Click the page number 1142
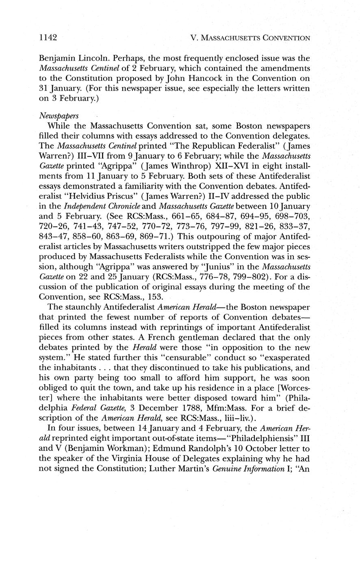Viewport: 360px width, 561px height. pyautogui.click(x=47, y=38)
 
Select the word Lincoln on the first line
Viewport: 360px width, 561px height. pyautogui.click(x=96, y=57)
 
